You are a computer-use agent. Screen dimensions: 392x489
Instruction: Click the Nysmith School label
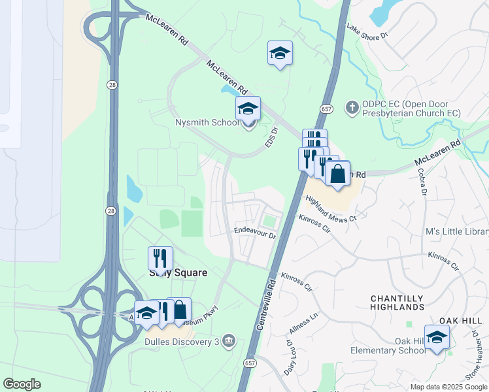pyautogui.click(x=207, y=122)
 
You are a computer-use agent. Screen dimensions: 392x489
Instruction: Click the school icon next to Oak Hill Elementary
pyautogui.click(x=437, y=337)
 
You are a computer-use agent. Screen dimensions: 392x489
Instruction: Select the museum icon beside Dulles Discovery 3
pyautogui.click(x=228, y=340)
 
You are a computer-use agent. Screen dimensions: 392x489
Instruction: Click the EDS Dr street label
pyautogui.click(x=271, y=136)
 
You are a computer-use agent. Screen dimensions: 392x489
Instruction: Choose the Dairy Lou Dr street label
pyautogui.click(x=288, y=356)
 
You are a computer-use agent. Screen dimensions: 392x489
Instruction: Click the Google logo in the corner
pyautogui.click(x=22, y=384)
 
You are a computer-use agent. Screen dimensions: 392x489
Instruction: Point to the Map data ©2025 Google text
pyautogui.click(x=448, y=387)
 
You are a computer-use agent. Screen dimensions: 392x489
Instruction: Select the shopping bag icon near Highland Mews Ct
pyautogui.click(x=337, y=174)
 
